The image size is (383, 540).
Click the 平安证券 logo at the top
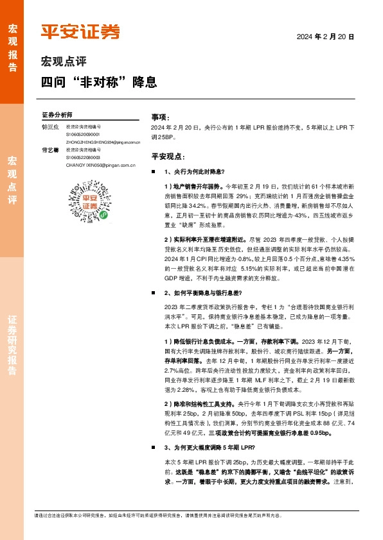(80, 31)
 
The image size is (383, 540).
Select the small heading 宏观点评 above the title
(64, 62)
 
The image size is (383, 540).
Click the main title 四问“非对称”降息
(99, 83)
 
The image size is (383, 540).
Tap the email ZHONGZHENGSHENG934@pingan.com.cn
(103, 141)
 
